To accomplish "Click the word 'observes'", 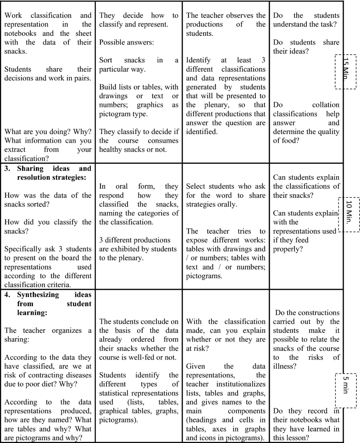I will point(238,16).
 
